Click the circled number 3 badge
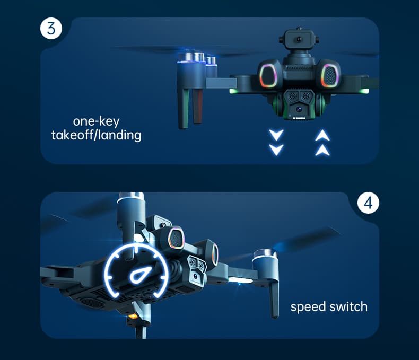(x=51, y=28)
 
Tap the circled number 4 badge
(x=368, y=203)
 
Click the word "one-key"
(x=96, y=121)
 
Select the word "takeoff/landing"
(x=96, y=135)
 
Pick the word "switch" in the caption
(x=348, y=306)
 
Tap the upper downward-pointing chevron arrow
(x=276, y=135)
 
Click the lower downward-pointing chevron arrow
(x=276, y=150)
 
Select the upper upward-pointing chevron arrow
(x=322, y=135)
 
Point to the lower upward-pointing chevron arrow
(x=322, y=151)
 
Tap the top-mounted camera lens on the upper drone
(x=299, y=40)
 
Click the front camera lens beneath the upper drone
(x=299, y=109)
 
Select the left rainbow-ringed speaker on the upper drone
(x=268, y=76)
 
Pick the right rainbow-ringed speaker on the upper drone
(x=330, y=76)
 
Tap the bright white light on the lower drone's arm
(x=240, y=280)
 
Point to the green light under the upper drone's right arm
(x=364, y=92)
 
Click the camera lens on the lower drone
(x=196, y=276)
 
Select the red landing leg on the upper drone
(x=197, y=106)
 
